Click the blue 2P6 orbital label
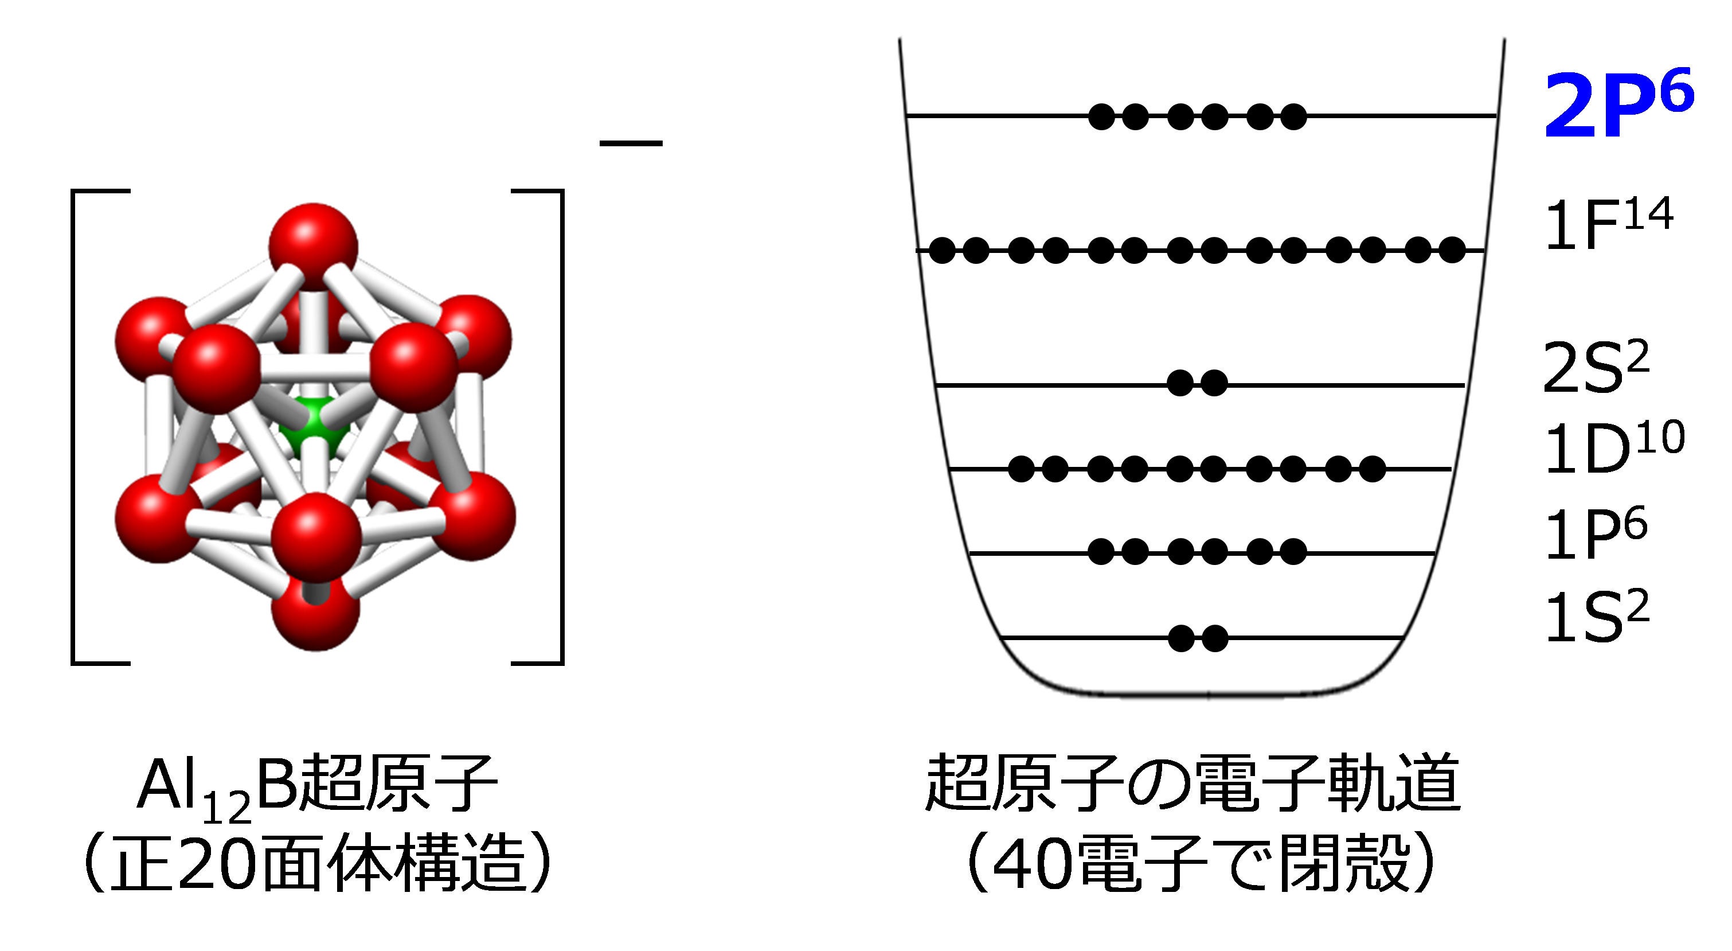pos(1617,106)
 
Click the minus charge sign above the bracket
pos(631,143)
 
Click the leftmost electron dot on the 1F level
pos(942,251)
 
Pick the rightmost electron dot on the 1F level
pos(1452,251)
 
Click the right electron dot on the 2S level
pos(1214,384)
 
